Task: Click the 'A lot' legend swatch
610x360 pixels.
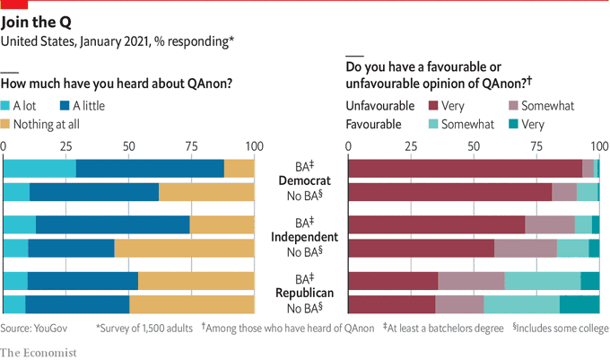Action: click(12, 106)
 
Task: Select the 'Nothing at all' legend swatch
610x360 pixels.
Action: click(12, 123)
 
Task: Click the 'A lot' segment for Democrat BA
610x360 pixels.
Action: click(39, 168)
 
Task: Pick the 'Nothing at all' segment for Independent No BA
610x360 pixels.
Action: click(184, 248)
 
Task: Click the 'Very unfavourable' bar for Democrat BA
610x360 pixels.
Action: click(465, 168)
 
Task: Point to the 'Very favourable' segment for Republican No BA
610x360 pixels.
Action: click(579, 304)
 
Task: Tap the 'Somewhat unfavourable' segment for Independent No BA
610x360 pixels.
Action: click(526, 248)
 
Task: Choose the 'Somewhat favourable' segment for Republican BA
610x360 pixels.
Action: click(543, 280)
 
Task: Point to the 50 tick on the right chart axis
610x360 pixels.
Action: click(474, 145)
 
